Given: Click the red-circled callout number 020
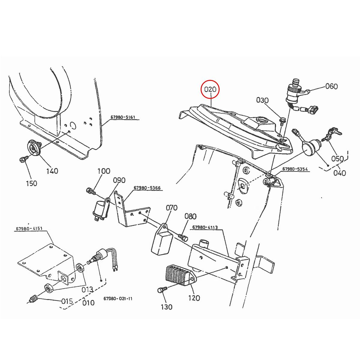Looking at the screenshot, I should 211,89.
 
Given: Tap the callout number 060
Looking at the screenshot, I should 331,86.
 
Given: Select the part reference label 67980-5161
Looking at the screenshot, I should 123,117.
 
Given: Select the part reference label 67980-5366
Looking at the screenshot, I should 147,188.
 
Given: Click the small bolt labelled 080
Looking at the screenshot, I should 182,237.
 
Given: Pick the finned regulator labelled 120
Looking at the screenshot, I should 178,275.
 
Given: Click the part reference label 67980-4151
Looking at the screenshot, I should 29,229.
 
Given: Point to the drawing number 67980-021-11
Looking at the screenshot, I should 118,299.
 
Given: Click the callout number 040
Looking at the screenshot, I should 340,173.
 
